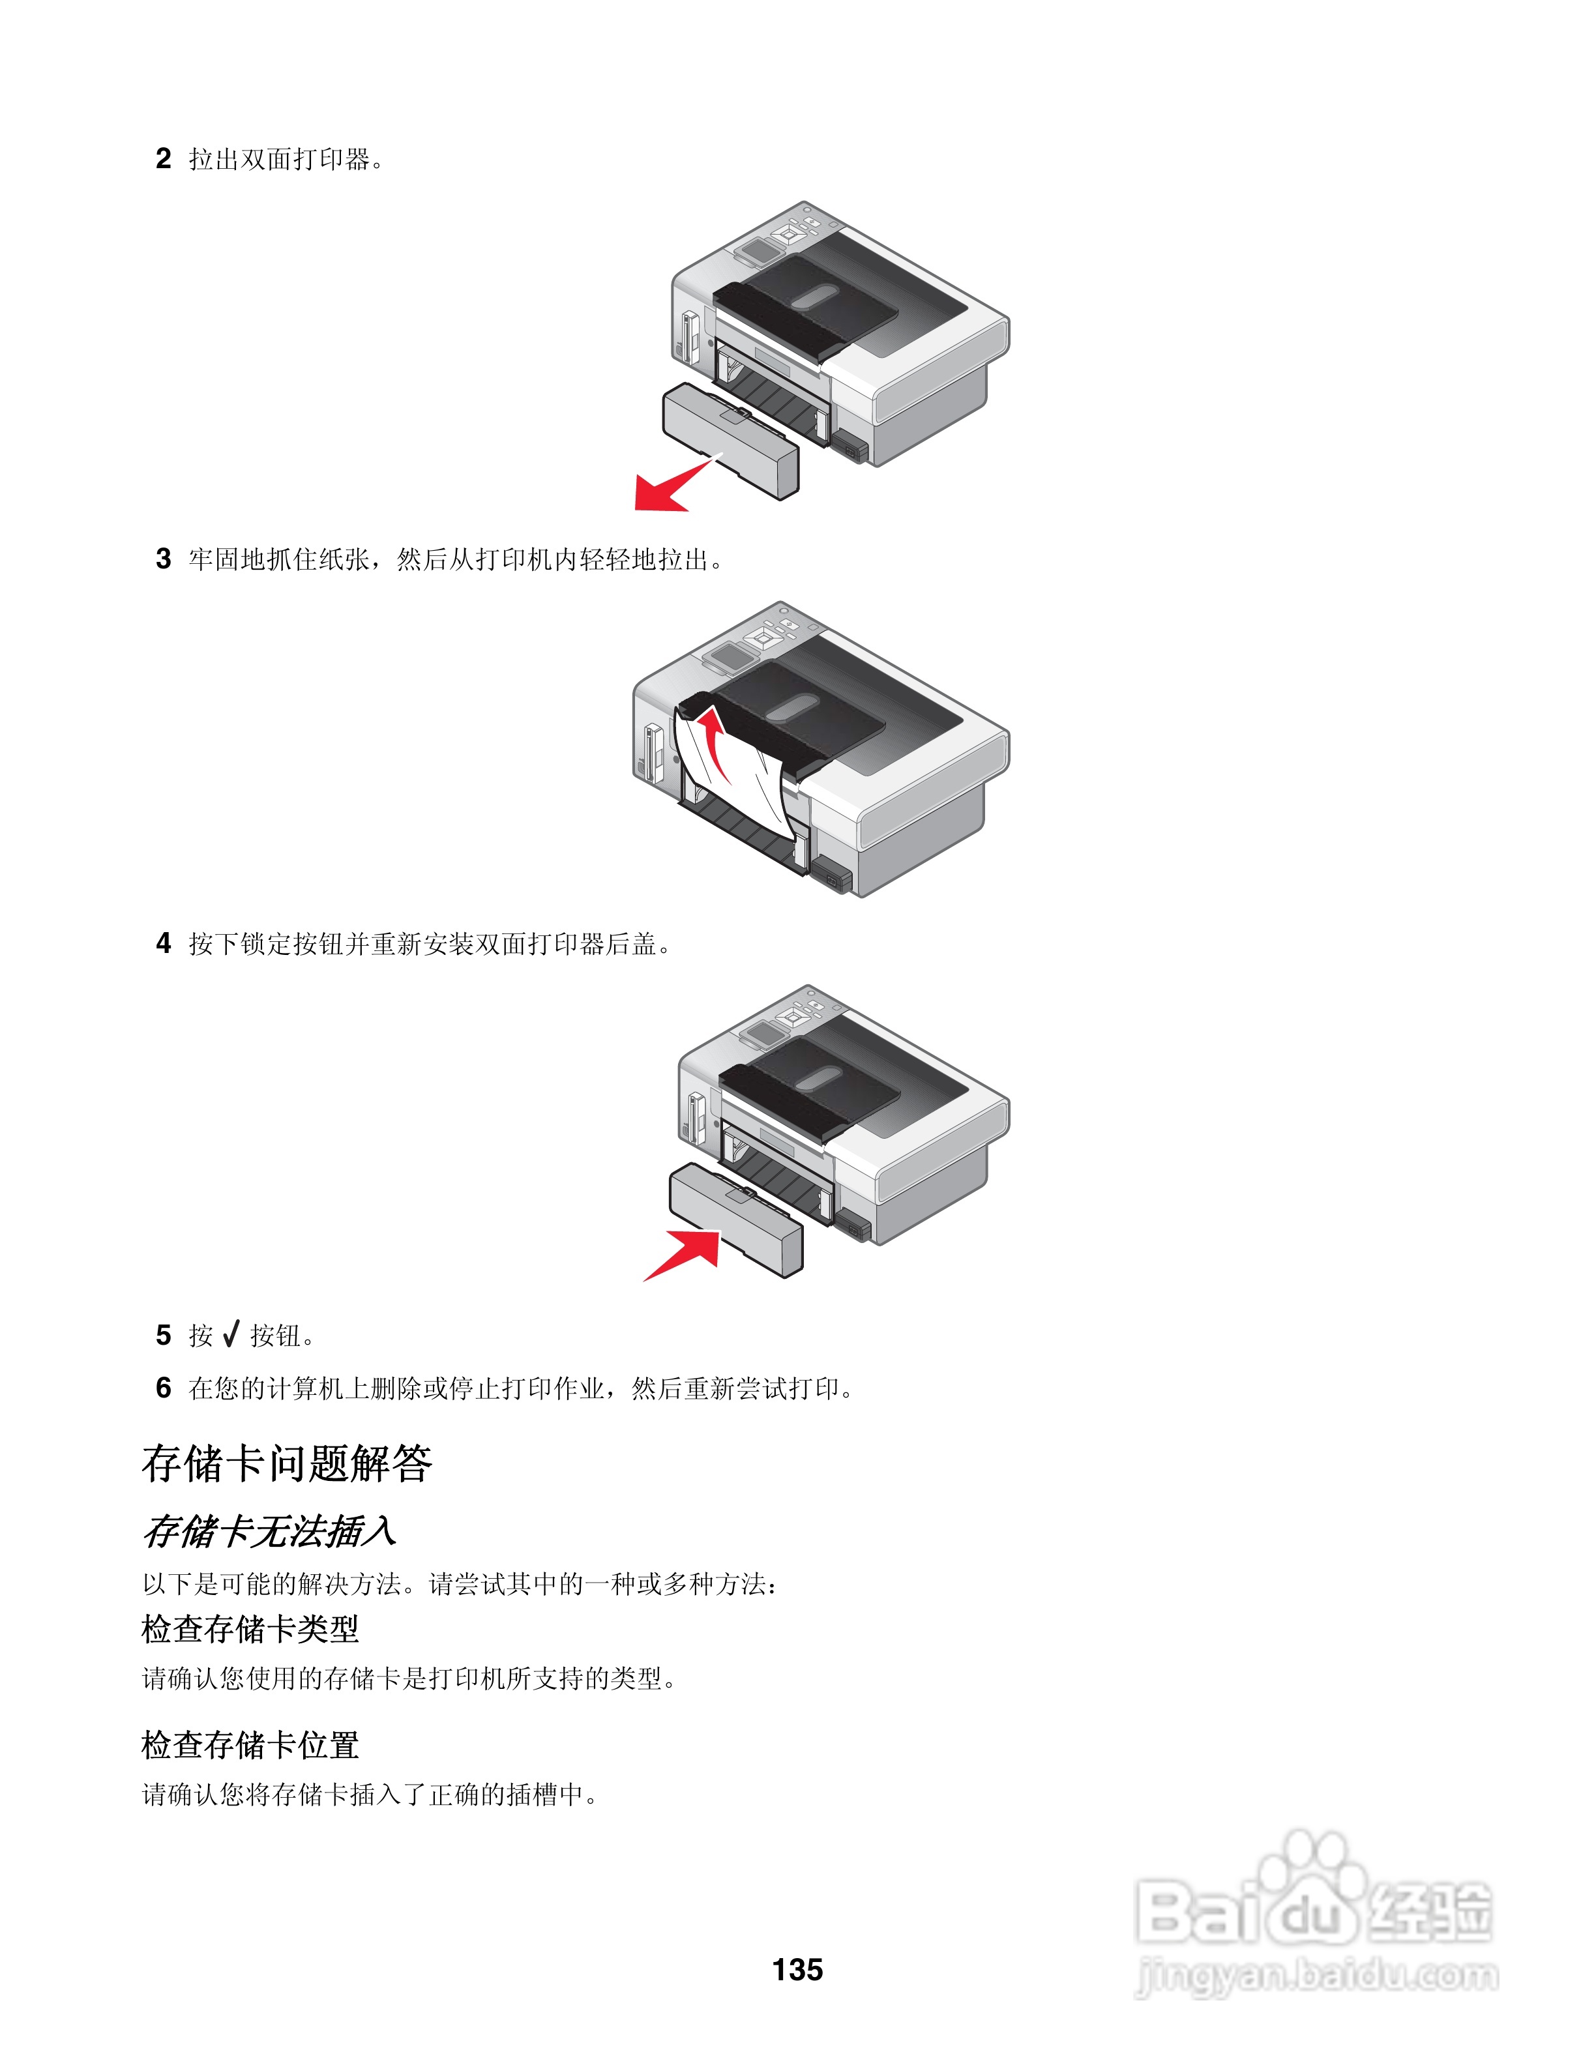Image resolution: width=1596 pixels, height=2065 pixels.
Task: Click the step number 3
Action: [164, 558]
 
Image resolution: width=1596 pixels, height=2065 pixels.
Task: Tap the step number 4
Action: [164, 943]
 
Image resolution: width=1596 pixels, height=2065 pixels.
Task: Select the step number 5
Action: [164, 1334]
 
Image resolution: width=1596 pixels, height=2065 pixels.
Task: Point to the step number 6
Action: [164, 1387]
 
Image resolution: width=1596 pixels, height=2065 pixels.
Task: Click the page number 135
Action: [797, 1969]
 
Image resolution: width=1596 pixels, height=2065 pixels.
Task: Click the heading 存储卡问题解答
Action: [286, 1463]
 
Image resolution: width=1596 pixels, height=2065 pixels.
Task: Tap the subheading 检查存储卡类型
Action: [250, 1629]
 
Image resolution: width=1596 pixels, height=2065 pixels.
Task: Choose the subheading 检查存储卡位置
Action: [250, 1744]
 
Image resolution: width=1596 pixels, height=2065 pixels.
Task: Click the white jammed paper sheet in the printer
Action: [742, 780]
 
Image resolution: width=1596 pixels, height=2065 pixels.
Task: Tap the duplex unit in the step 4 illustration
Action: [735, 1220]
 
